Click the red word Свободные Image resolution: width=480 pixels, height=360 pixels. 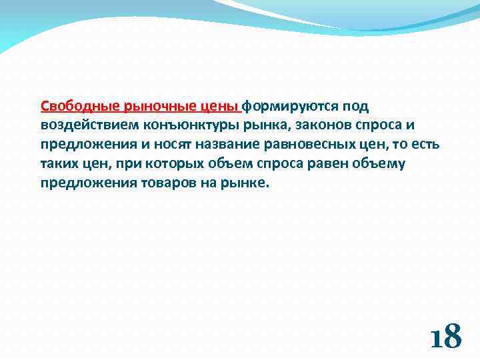[72, 107]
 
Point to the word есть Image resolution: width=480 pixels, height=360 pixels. [425, 145]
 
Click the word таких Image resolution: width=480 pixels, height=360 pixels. [59, 165]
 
